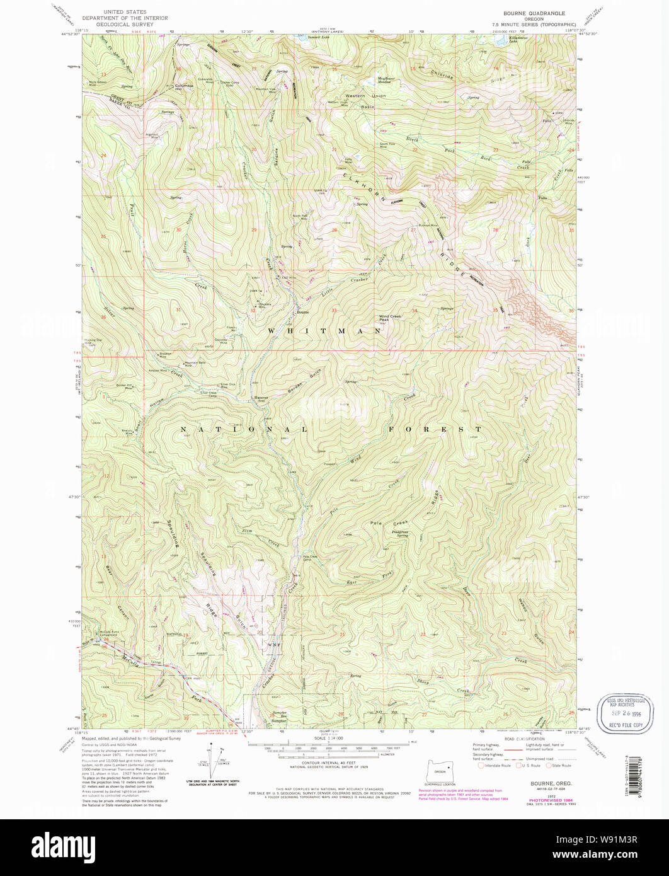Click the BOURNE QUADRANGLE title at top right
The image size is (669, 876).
pyautogui.click(x=534, y=13)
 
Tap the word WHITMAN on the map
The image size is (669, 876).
pyautogui.click(x=324, y=330)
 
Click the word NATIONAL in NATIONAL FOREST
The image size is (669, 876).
pyautogui.click(x=244, y=429)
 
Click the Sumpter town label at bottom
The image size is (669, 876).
pyautogui.click(x=279, y=718)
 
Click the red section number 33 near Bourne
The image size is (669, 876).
pyautogui.click(x=334, y=311)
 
